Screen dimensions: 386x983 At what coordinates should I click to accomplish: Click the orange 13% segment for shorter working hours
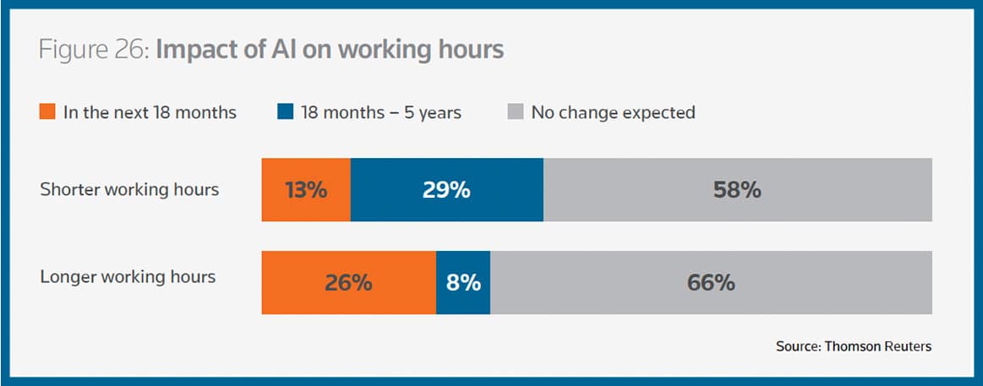click(306, 189)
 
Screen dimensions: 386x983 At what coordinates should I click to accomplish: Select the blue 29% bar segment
click(446, 189)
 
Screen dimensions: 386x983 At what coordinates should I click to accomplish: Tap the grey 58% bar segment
click(737, 189)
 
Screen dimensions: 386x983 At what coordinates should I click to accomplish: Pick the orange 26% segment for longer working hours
click(348, 282)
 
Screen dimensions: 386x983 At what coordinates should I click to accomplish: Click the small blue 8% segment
click(463, 282)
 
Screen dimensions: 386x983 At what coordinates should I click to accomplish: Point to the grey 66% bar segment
click(711, 282)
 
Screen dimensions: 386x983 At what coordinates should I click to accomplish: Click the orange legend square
click(48, 111)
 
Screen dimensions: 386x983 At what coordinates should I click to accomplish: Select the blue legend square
click(284, 111)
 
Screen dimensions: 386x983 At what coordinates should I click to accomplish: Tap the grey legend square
click(515, 111)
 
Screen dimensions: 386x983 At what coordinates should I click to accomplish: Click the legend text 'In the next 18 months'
click(150, 112)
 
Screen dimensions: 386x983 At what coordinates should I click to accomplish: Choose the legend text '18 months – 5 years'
click(381, 112)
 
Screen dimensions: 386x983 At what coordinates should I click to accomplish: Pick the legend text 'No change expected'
click(613, 112)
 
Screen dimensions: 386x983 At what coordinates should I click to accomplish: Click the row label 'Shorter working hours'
click(129, 189)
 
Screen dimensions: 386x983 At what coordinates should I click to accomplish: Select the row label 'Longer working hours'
click(128, 276)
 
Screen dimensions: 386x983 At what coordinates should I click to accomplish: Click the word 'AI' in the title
click(277, 50)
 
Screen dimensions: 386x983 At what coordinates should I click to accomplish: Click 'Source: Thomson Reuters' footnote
click(854, 346)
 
